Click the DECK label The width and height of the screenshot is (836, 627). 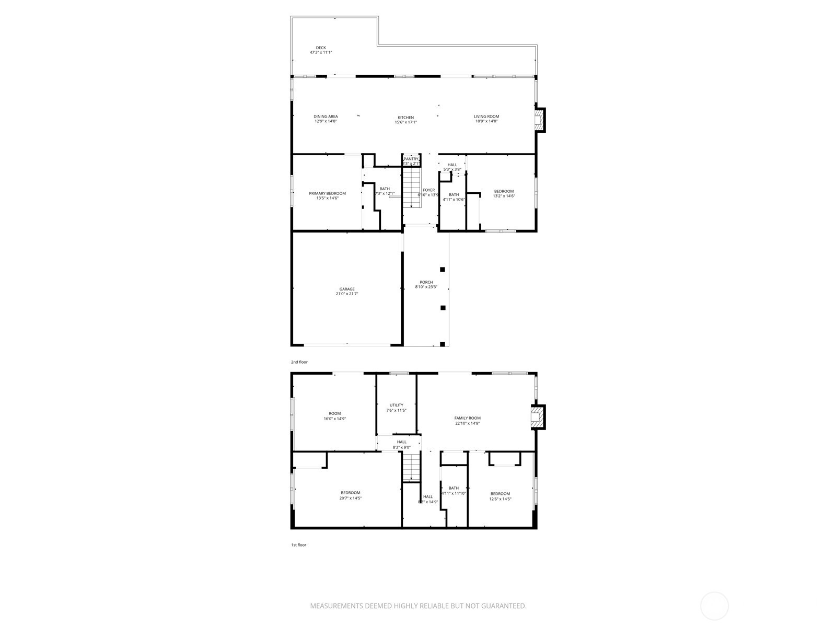click(x=321, y=48)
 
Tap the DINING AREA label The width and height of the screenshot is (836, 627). click(x=326, y=117)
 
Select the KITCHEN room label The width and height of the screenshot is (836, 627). click(x=405, y=118)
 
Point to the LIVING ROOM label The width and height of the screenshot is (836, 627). click(x=486, y=117)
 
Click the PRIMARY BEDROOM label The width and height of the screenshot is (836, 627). click(x=327, y=193)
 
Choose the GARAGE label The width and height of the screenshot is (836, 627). click(x=347, y=289)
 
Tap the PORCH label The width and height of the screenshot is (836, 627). click(x=426, y=282)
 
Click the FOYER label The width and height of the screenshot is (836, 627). click(x=428, y=190)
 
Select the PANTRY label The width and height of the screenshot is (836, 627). click(x=411, y=159)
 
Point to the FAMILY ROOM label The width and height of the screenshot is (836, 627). click(x=467, y=418)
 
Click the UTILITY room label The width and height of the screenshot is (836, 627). click(x=396, y=405)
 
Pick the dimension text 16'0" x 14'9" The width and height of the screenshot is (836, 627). click(x=334, y=419)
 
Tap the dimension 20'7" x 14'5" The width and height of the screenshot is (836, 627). click(x=350, y=498)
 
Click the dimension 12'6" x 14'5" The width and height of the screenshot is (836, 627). click(x=500, y=499)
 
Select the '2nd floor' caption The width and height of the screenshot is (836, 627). click(x=299, y=362)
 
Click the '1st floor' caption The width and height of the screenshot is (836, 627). click(x=299, y=545)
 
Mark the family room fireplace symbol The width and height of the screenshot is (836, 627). click(x=537, y=417)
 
